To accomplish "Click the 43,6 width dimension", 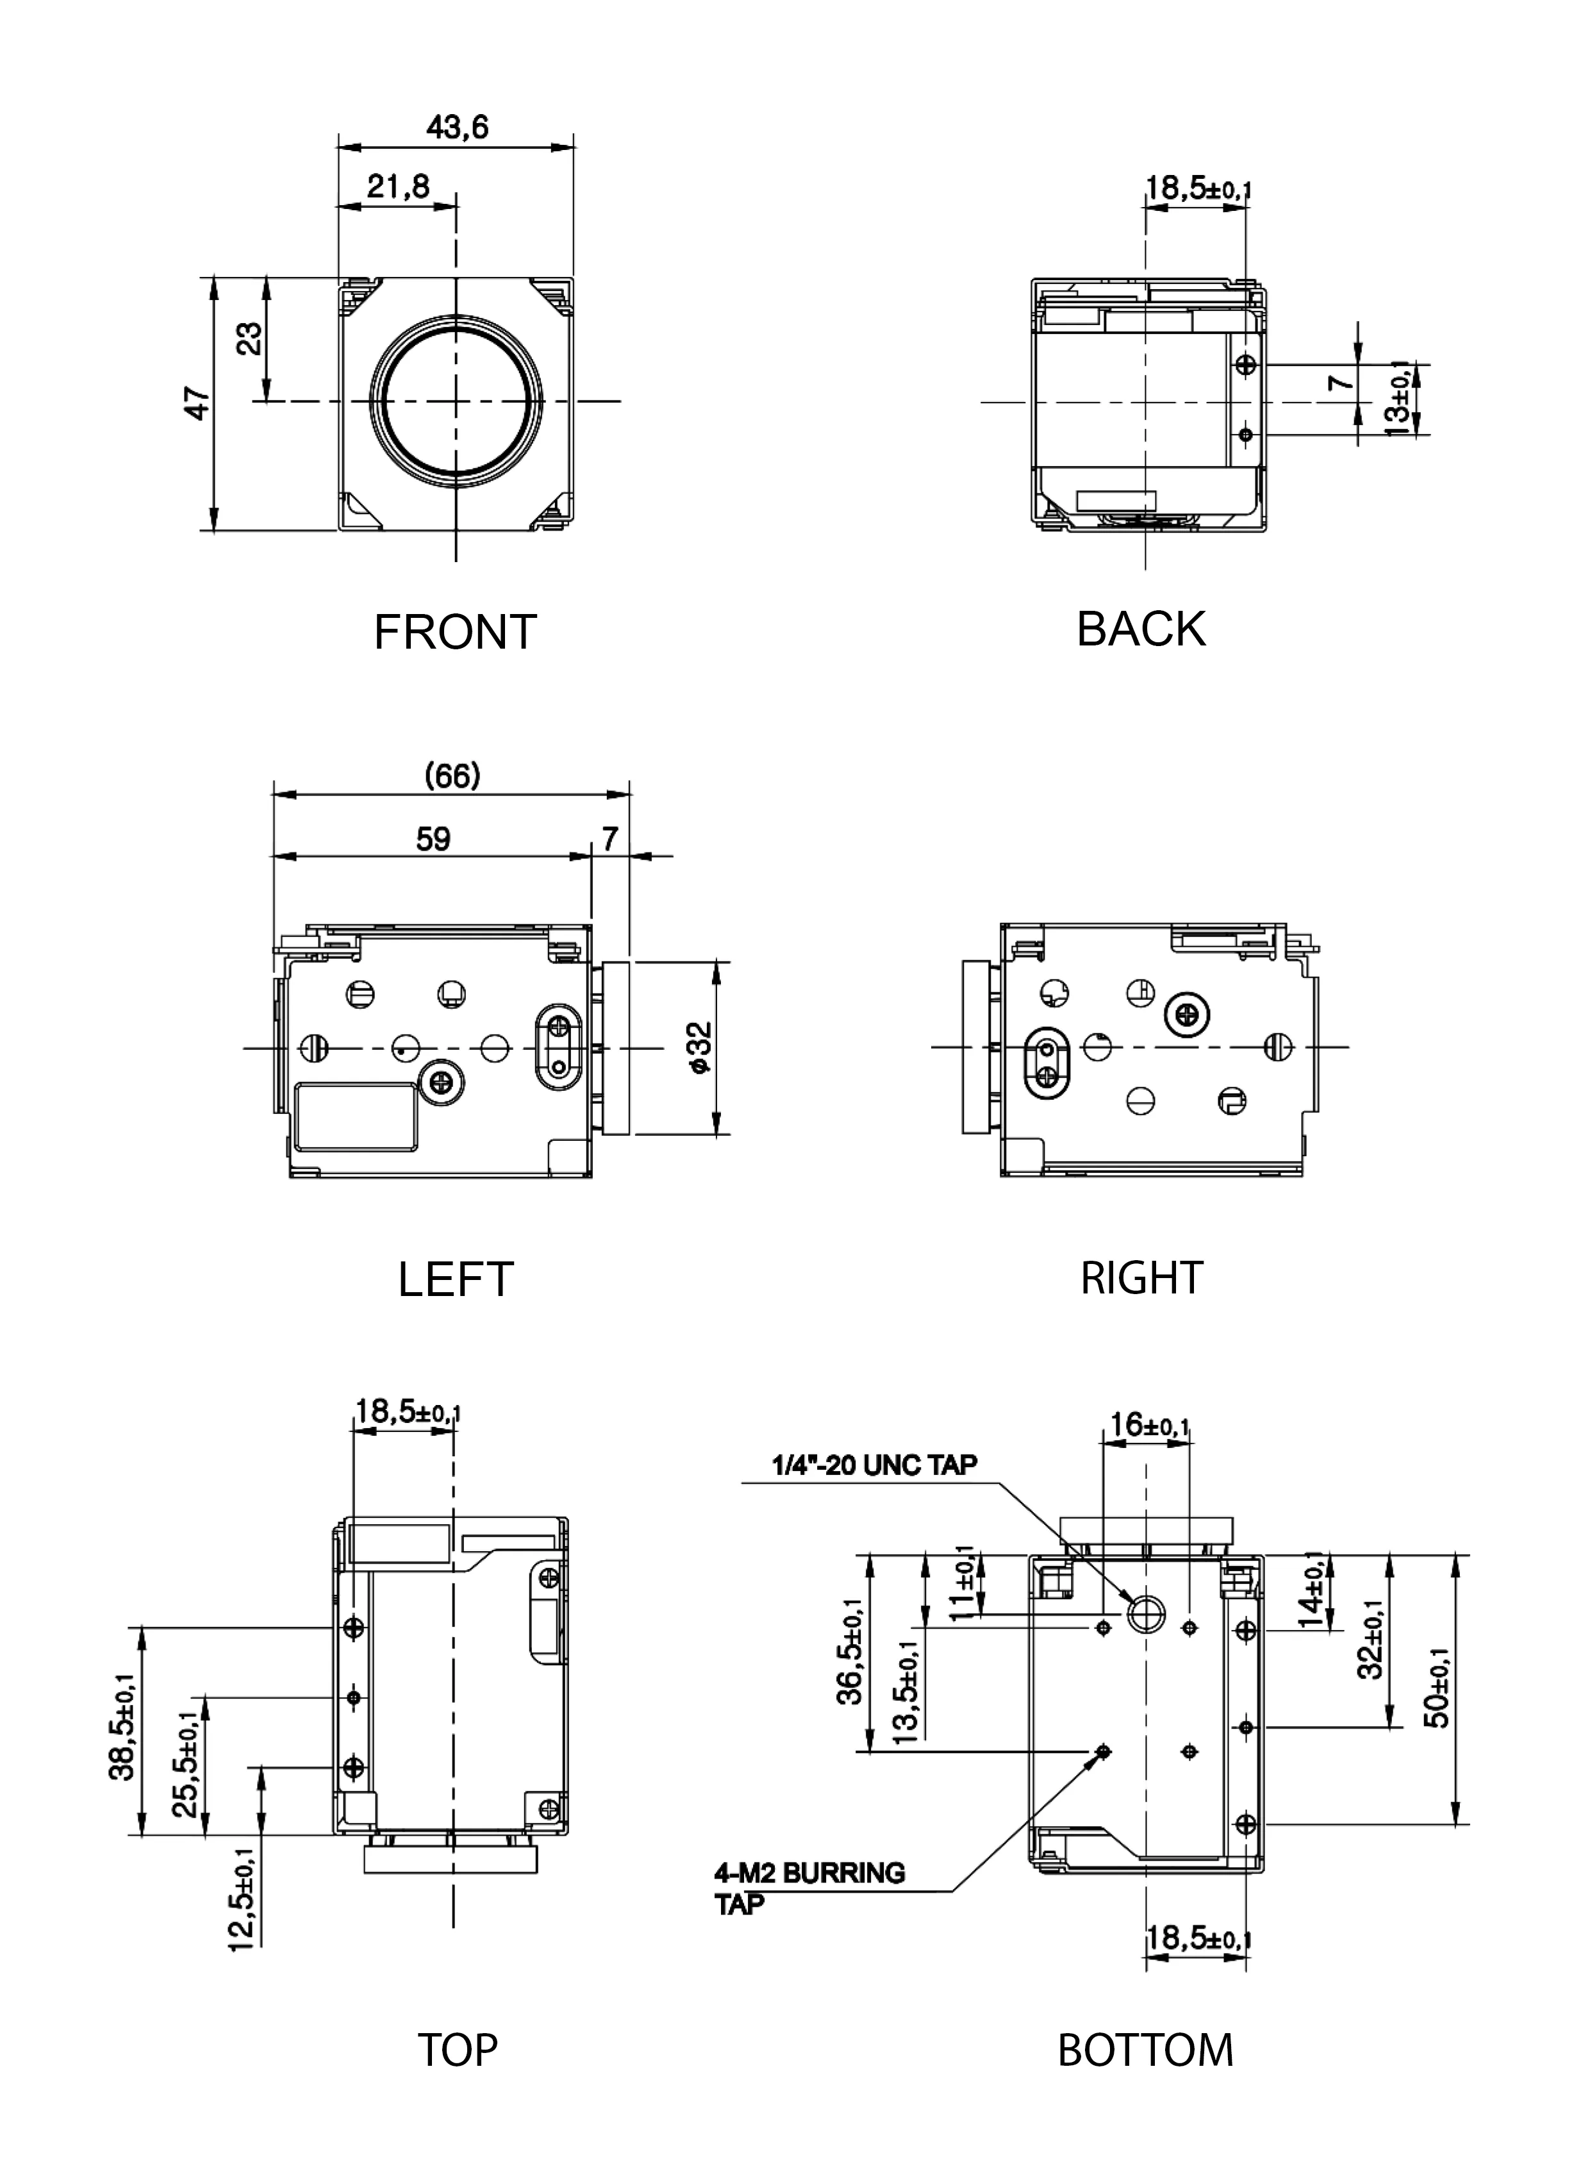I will pos(456,127).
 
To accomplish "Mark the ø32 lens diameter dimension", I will pos(701,1047).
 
